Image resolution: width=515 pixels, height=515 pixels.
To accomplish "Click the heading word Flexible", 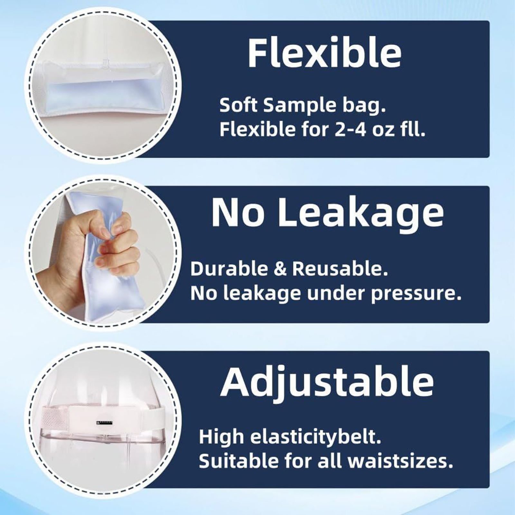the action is click(324, 53).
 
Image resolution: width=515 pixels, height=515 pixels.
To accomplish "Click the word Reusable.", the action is click(340, 269).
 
